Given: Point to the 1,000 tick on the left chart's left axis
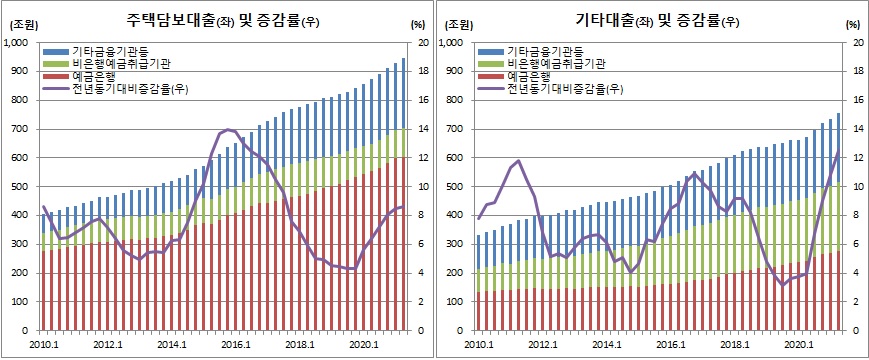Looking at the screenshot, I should tap(17, 43).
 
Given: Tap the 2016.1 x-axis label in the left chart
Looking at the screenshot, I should tap(235, 346).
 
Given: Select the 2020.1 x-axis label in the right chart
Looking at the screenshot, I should tap(799, 346).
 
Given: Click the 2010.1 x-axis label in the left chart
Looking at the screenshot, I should tap(42, 346).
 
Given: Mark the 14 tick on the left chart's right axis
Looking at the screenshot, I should tap(423, 129).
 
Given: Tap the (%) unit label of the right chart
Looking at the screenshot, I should tap(853, 23).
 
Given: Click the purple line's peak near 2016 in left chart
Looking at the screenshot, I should tap(228, 129).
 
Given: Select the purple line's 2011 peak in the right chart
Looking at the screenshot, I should tap(518, 160).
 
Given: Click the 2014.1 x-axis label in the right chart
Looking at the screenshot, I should tap(606, 346).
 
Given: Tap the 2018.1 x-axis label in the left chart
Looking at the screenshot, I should tap(299, 346).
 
